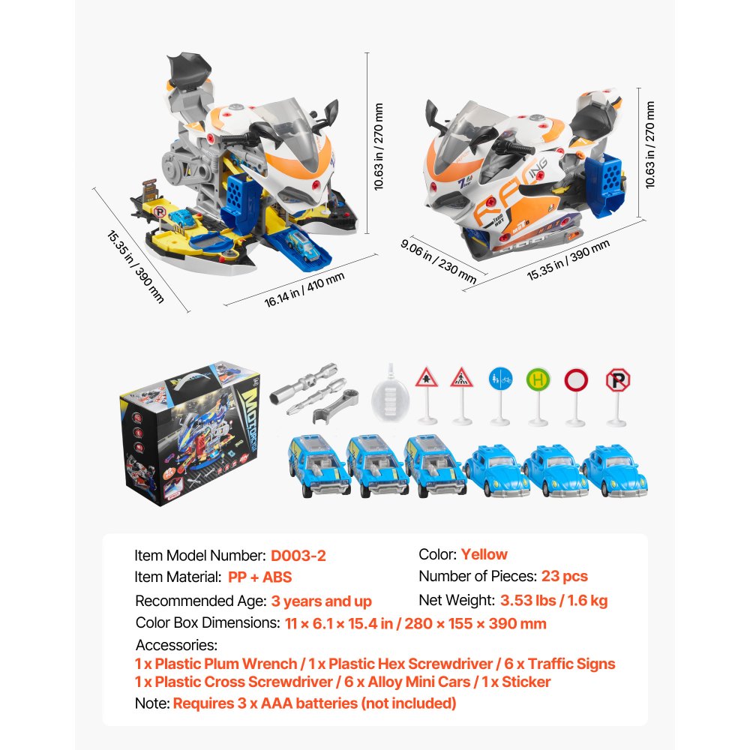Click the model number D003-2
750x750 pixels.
tap(298, 556)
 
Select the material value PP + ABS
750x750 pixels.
tap(259, 577)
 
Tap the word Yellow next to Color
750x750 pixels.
tap(484, 555)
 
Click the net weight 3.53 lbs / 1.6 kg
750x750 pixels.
tap(553, 600)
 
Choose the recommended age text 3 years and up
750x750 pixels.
tap(321, 601)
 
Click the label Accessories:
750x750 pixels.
tap(176, 645)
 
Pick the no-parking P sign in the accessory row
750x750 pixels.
tap(617, 379)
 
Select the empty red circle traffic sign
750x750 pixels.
tap(576, 379)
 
